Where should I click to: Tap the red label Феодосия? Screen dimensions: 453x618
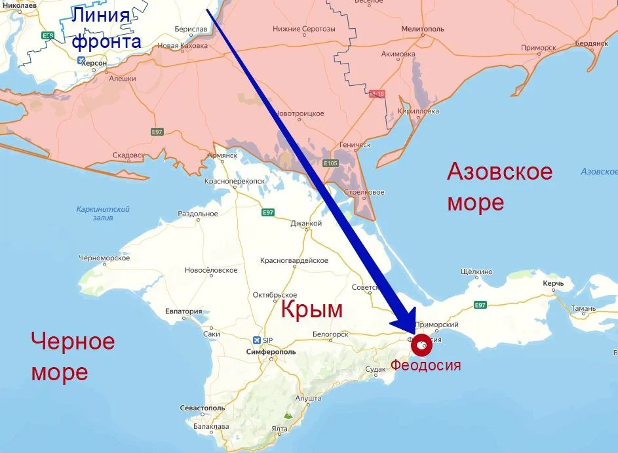[425, 365]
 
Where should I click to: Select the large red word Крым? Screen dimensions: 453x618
[312, 309]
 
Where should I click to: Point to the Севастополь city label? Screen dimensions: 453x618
[203, 408]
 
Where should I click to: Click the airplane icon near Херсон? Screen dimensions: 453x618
[81, 61]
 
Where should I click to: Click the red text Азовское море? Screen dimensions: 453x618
[499, 187]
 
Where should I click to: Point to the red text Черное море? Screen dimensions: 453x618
[73, 357]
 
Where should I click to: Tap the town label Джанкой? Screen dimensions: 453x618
[306, 224]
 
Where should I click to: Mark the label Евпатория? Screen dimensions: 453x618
[183, 311]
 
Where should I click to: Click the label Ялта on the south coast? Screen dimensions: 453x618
[280, 429]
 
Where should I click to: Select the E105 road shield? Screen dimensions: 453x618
[330, 163]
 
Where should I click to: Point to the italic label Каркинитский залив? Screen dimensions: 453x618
[103, 213]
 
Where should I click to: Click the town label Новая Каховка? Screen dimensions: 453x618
[182, 46]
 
